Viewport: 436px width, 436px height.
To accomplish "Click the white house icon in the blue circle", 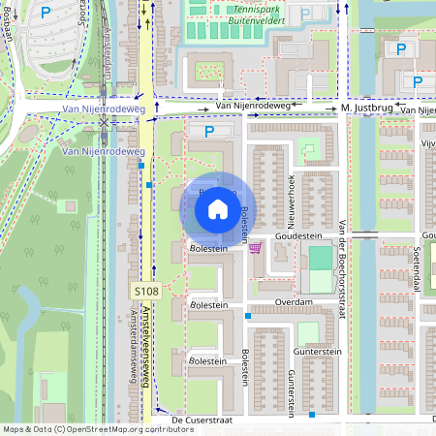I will [218, 207].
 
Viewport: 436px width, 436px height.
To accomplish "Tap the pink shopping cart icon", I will [255, 248].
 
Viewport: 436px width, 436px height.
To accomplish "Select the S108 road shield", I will [144, 291].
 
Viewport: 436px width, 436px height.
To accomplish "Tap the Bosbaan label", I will [7, 20].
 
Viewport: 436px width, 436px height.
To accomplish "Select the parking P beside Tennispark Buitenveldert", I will [305, 14].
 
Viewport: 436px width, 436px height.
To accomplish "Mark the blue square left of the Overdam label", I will [248, 316].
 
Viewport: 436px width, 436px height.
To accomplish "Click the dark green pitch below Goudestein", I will [319, 258].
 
